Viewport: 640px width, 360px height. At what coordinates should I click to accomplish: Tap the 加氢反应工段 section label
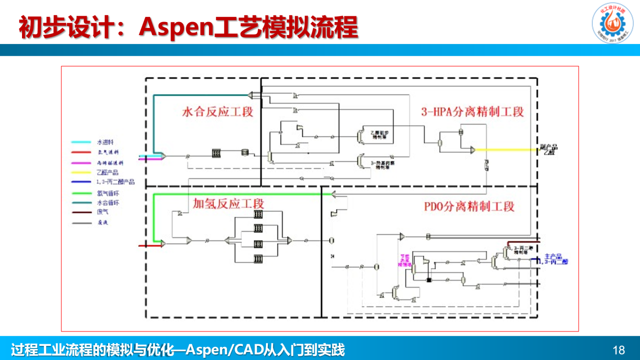click(x=228, y=203)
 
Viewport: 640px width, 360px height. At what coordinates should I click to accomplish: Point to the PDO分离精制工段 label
click(x=469, y=206)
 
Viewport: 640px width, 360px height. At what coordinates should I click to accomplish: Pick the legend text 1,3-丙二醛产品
click(x=115, y=182)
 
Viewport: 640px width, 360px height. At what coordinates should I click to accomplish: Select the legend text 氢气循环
click(x=108, y=193)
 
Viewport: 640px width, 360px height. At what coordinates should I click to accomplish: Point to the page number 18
click(x=618, y=349)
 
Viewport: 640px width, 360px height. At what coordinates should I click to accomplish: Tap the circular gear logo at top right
click(x=612, y=23)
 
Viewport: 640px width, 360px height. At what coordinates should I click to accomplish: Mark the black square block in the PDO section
click(x=428, y=279)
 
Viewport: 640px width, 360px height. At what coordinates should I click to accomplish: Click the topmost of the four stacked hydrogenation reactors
click(x=258, y=214)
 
